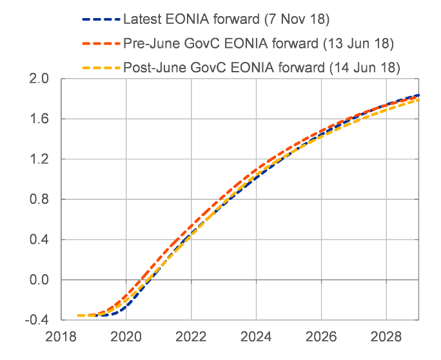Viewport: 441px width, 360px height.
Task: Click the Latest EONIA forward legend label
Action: click(226, 20)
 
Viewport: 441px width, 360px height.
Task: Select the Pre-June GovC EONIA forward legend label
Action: click(258, 43)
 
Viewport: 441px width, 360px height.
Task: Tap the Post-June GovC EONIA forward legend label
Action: click(261, 67)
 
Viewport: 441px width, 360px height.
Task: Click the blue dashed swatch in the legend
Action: click(100, 20)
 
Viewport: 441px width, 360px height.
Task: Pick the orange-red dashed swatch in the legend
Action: click(100, 43)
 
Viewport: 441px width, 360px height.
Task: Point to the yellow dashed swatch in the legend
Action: click(100, 67)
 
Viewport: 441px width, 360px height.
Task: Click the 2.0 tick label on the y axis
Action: click(39, 79)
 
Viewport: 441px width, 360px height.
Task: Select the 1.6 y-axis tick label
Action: click(39, 119)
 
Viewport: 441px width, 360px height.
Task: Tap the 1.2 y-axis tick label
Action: click(39, 159)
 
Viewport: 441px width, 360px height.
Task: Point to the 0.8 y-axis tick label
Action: click(39, 199)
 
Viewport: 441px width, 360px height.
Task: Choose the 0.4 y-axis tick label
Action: click(39, 240)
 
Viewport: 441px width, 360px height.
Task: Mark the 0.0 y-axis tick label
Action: click(39, 280)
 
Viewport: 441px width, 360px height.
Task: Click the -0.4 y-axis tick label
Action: click(37, 320)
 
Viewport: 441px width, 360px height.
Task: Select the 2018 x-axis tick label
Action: click(62, 337)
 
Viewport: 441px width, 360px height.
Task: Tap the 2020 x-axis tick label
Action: click(126, 337)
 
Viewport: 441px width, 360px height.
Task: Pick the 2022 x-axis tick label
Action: click(191, 337)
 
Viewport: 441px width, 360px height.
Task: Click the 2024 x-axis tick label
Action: click(257, 337)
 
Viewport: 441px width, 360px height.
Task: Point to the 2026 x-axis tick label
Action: click(321, 337)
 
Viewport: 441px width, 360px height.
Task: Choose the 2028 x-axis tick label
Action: click(386, 337)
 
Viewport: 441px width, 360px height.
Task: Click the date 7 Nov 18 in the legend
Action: click(296, 20)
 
